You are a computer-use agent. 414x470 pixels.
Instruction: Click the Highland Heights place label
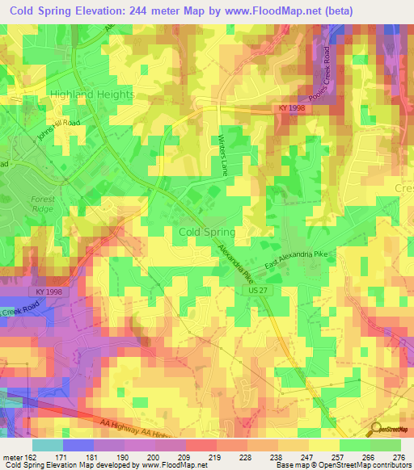[x=92, y=94]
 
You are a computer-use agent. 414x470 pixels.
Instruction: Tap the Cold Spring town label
[x=206, y=232]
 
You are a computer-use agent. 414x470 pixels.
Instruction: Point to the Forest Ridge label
[x=41, y=204]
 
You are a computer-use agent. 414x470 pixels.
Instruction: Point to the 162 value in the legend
[x=31, y=457]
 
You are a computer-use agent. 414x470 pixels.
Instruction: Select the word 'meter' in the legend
[x=11, y=457]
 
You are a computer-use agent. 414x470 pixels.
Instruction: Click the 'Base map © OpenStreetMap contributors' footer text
[x=344, y=465]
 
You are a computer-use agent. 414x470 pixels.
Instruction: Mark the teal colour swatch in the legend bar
[x=47, y=445]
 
